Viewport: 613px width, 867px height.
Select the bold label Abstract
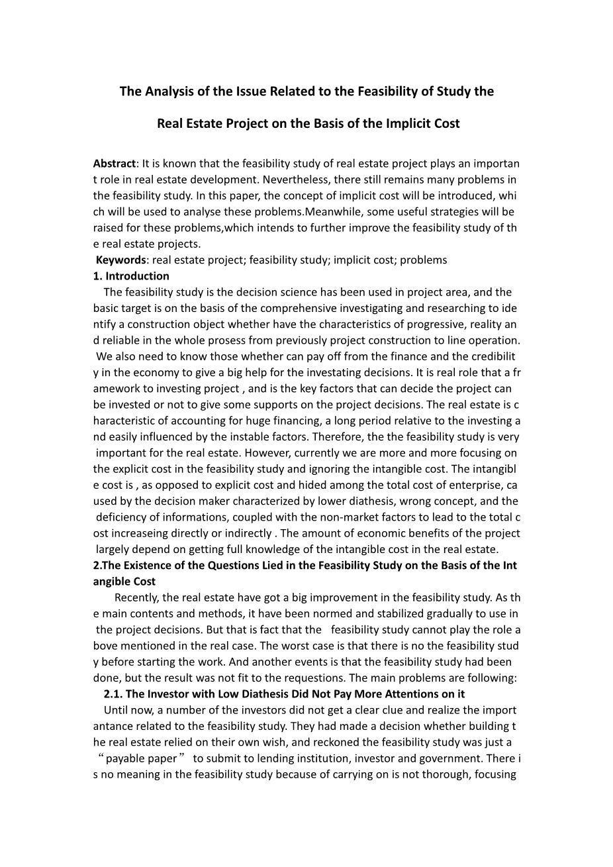(x=114, y=163)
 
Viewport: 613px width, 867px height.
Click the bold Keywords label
(x=120, y=260)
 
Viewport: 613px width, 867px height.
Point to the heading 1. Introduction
(x=131, y=276)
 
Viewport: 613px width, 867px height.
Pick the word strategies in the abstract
(x=431, y=211)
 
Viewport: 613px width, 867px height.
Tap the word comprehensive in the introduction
(x=295, y=308)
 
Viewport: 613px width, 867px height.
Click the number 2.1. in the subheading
(x=113, y=693)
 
